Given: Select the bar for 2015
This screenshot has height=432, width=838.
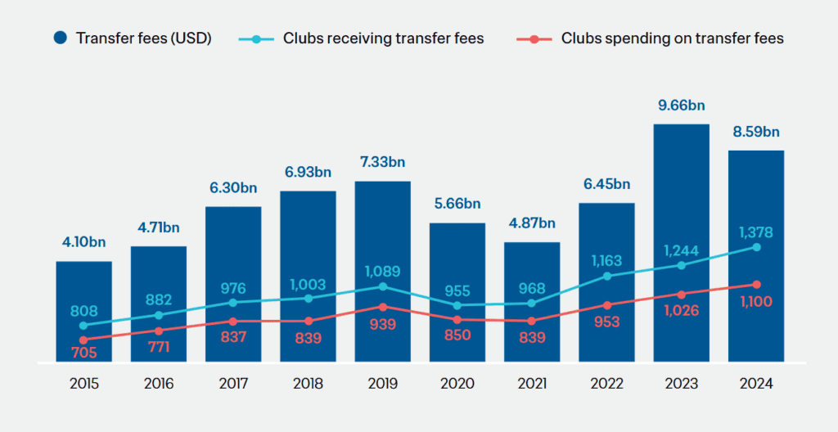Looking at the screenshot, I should tap(83, 311).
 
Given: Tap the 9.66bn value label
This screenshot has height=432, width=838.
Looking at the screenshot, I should tap(681, 105).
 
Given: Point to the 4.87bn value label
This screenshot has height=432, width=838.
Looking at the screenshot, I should tap(531, 223).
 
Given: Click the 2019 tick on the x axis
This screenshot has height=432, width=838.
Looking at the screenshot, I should tap(382, 384).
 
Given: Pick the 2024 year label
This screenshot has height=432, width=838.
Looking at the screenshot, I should tap(755, 384).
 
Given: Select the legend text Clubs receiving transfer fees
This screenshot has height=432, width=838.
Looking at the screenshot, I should tap(383, 38).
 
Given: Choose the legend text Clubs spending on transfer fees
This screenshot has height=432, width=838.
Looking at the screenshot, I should tap(672, 38).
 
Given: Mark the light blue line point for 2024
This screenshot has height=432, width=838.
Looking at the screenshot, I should tap(756, 247).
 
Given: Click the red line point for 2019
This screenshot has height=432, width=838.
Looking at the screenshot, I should tap(383, 307).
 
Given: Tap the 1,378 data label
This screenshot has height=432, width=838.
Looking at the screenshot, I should tap(755, 232).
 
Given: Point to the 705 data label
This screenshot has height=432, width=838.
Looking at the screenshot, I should tap(83, 353).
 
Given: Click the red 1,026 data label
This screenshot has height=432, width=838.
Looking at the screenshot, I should tap(681, 311).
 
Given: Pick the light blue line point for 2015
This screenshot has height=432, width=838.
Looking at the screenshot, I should tap(83, 326).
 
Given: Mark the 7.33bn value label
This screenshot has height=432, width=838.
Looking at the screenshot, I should tap(382, 162).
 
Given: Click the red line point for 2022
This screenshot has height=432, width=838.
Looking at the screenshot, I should tap(606, 305).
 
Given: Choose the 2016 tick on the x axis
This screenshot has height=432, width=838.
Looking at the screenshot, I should tap(158, 384).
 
